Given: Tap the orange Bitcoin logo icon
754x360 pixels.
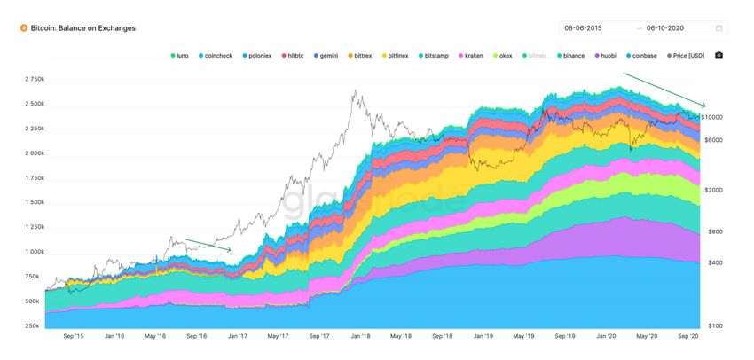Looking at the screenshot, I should tap(23, 28).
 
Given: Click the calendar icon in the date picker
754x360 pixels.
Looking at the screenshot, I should tap(719, 28).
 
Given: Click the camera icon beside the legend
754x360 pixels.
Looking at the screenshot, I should tap(719, 55).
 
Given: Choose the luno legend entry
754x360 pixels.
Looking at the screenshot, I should tap(180, 55).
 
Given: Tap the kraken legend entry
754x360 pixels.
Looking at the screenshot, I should tap(471, 55).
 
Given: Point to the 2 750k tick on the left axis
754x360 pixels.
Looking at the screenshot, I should tap(33, 79).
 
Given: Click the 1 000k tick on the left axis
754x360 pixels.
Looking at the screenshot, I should tap(33, 252).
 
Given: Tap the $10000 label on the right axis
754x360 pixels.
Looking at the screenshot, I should tap(712, 117).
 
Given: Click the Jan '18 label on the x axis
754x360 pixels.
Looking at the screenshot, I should tap(360, 337).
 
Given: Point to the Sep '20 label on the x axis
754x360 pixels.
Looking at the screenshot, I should tap(689, 337).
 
